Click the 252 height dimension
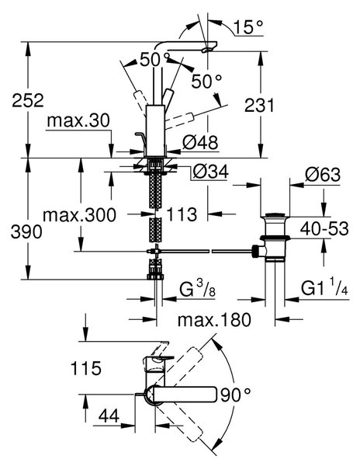coord(28,100)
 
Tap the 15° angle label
coord(248,27)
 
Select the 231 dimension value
coord(259,105)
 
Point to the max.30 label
coord(78,120)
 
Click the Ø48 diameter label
coord(200,142)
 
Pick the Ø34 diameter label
coord(210,172)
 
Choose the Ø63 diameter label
coord(322,175)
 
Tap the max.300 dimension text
coord(80,214)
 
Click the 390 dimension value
coord(26,231)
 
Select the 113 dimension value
coord(182,214)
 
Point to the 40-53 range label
coord(324,229)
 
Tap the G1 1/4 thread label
coord(324,287)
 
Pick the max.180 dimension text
coord(214,320)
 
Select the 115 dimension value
coord(86,368)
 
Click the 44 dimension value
coord(109,416)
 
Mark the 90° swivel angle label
coord(235,395)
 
